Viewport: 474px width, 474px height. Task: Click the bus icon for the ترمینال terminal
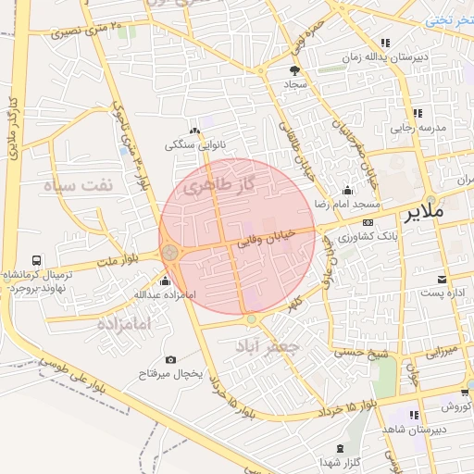click(x=36, y=261)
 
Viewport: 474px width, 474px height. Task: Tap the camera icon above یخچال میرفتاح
click(x=170, y=359)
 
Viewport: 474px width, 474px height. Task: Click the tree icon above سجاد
click(x=295, y=70)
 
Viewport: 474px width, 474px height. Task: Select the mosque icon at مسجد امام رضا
click(x=347, y=190)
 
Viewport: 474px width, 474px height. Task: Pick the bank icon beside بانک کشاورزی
click(x=368, y=223)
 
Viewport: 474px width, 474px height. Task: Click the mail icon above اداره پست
click(x=442, y=279)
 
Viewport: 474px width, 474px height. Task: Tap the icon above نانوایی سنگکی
click(x=194, y=131)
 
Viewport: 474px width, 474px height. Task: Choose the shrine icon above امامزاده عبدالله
click(x=166, y=281)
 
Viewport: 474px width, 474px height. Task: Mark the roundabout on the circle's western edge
click(x=169, y=252)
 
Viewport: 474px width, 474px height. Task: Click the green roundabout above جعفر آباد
click(x=252, y=319)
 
